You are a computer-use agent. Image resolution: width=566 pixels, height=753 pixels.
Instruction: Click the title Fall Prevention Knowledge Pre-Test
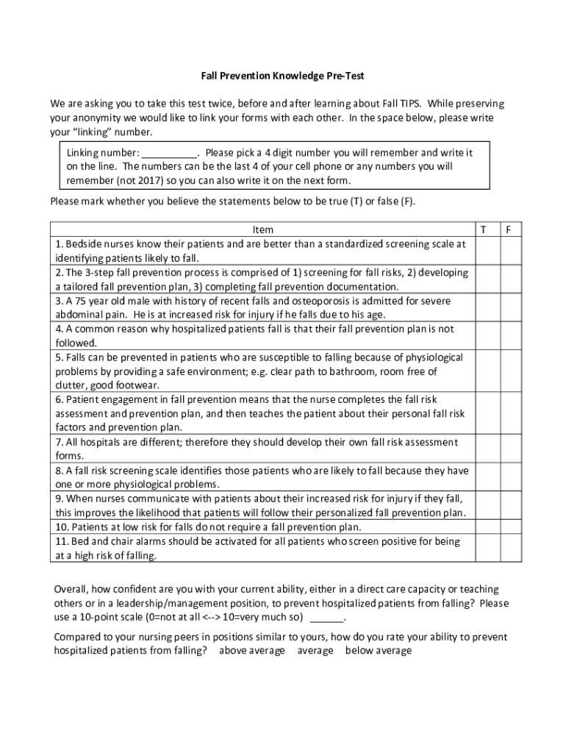283,76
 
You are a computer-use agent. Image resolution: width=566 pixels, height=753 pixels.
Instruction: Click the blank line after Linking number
169,154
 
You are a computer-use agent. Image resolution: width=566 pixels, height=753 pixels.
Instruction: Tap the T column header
483,229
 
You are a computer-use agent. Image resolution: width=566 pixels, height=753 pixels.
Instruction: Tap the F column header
509,229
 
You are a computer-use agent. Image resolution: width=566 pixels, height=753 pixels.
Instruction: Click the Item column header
262,229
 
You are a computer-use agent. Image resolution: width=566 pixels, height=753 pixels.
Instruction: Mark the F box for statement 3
510,307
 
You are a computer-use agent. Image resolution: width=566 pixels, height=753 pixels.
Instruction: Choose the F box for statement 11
510,548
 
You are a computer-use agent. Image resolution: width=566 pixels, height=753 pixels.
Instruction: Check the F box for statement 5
510,371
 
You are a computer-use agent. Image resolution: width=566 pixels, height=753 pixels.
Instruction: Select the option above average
251,651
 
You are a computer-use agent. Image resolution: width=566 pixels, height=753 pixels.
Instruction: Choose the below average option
379,651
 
